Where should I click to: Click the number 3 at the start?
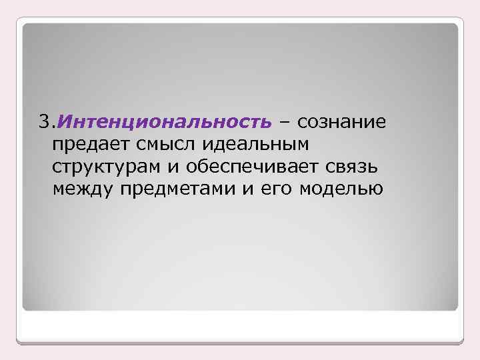click(x=43, y=122)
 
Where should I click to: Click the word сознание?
click(x=341, y=123)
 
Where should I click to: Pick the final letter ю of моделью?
click(x=377, y=190)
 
